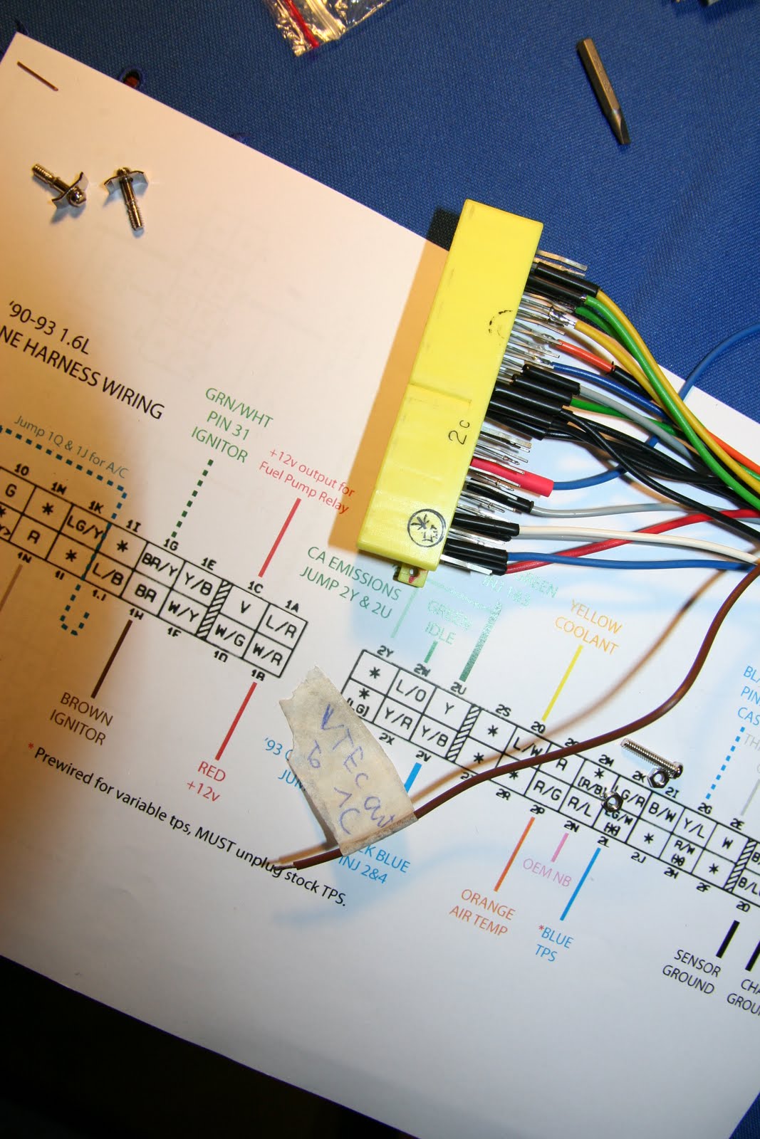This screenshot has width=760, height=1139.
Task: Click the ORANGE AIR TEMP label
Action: [x=484, y=911]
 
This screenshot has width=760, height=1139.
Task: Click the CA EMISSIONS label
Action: [x=353, y=582]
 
